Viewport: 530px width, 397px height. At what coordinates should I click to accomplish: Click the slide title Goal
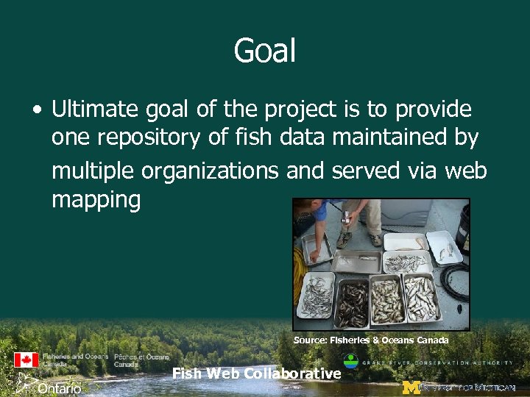pyautogui.click(x=264, y=51)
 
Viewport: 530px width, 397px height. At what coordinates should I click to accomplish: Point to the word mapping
pyautogui.click(x=96, y=199)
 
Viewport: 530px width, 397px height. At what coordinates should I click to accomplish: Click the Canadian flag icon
pyautogui.click(x=26, y=360)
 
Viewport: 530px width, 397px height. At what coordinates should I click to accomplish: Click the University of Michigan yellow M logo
pyautogui.click(x=411, y=387)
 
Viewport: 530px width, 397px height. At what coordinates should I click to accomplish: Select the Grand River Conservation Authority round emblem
pyautogui.click(x=352, y=362)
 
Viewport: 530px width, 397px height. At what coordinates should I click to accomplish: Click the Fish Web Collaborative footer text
pyautogui.click(x=256, y=373)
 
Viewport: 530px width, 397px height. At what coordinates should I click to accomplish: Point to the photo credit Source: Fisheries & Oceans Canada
pyautogui.click(x=371, y=340)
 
